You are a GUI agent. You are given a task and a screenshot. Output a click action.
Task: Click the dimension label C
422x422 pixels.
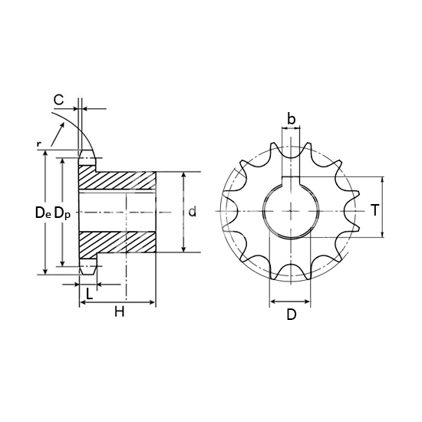click(x=58, y=100)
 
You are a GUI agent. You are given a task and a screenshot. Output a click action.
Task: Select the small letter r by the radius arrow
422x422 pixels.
click(x=39, y=144)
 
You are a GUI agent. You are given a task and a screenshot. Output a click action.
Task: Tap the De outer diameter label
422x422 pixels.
click(x=43, y=213)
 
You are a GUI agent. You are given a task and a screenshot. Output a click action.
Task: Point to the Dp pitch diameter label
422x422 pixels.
click(x=62, y=213)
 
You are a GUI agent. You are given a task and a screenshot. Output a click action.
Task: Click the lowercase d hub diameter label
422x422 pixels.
click(x=192, y=212)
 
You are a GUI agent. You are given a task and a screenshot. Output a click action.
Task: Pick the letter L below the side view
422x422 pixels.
click(x=89, y=293)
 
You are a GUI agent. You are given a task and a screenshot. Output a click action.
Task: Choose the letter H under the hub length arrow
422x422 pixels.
click(x=120, y=312)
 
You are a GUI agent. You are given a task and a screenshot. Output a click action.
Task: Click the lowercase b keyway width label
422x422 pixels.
click(x=292, y=119)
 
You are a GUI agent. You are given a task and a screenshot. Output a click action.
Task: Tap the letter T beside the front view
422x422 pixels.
click(x=374, y=210)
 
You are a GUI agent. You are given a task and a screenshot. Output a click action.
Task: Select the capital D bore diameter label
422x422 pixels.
click(x=292, y=315)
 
